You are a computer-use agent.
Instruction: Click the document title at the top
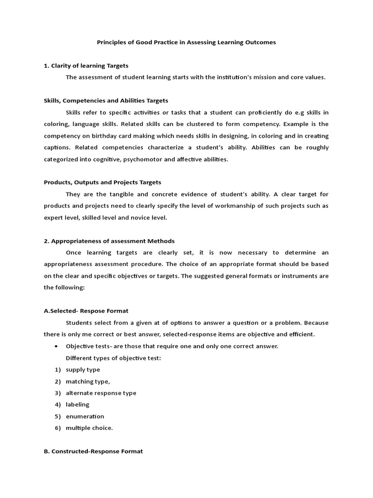(186, 42)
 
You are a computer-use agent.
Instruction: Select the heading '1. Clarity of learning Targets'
(86, 66)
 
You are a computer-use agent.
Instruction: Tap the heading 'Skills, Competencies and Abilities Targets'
(106, 101)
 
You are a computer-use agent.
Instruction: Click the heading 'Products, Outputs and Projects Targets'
(102, 182)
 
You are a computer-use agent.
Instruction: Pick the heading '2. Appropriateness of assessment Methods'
(109, 241)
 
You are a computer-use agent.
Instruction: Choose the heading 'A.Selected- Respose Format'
(86, 311)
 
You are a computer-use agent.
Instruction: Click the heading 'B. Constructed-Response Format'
(93, 451)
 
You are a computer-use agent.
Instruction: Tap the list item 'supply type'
(83, 370)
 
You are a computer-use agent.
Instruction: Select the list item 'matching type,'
(88, 381)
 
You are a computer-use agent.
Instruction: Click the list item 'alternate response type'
(101, 393)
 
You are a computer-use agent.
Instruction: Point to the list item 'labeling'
(78, 405)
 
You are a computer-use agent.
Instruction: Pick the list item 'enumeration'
(85, 416)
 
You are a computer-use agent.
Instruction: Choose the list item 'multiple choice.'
(89, 428)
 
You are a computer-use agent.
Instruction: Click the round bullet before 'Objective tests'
(57, 346)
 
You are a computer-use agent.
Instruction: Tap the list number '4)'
(58, 405)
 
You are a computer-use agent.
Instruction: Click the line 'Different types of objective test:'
(113, 358)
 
